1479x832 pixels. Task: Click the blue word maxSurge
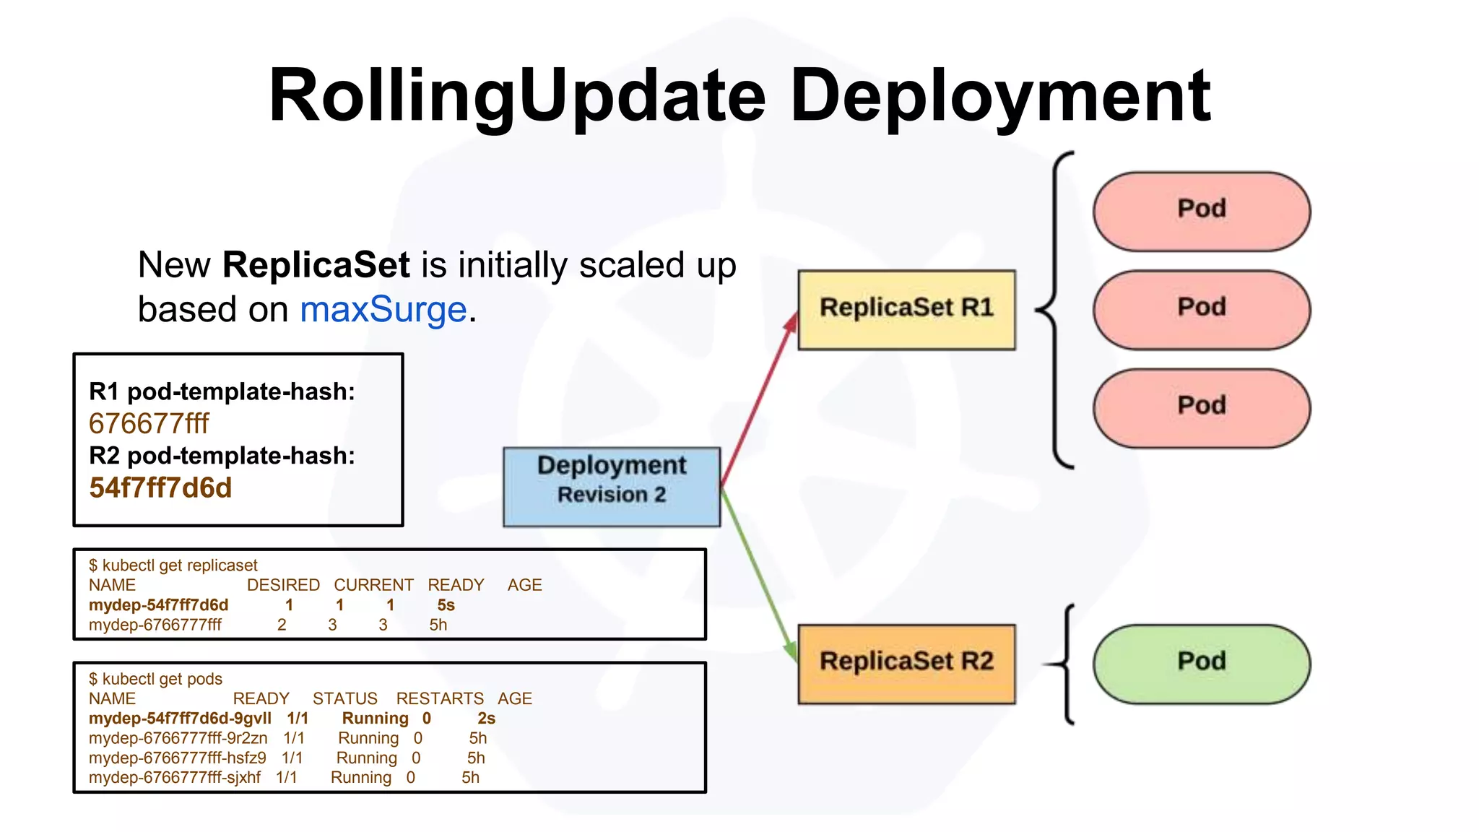(x=383, y=310)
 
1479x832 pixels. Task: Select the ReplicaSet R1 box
(x=906, y=310)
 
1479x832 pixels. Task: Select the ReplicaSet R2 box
(x=906, y=663)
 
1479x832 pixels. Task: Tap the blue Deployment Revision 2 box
(x=611, y=486)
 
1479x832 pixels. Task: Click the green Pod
(x=1201, y=663)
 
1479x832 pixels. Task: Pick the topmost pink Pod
(x=1201, y=210)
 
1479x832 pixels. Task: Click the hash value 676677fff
(x=149, y=424)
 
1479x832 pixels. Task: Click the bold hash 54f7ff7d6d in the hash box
(x=160, y=488)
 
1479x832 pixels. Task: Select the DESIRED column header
(x=283, y=585)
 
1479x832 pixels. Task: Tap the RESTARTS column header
(x=440, y=698)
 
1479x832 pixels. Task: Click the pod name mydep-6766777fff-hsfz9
(x=177, y=758)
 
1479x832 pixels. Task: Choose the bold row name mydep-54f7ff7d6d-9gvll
(x=180, y=718)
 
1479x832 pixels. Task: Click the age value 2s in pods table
(x=486, y=718)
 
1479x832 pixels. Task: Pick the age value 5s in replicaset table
(x=446, y=605)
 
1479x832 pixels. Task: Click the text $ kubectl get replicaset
(x=173, y=565)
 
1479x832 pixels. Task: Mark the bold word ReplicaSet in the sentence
(x=316, y=265)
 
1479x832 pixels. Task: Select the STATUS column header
(x=344, y=698)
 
